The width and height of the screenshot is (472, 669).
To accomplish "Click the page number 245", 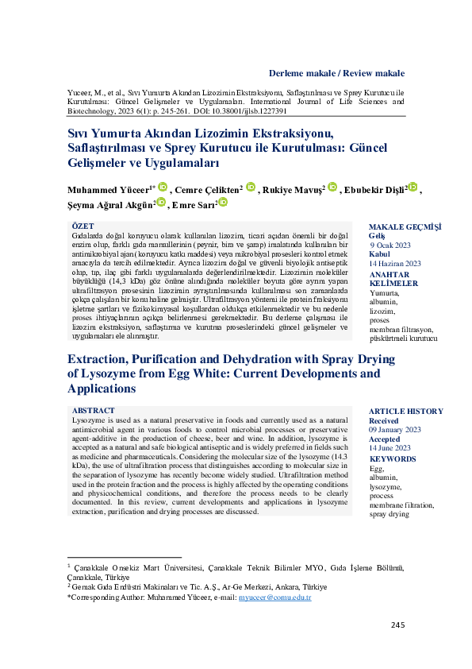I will click(x=397, y=625).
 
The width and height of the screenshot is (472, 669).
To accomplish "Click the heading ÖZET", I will click(x=83, y=226).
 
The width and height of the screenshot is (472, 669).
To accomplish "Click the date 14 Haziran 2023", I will click(x=395, y=263).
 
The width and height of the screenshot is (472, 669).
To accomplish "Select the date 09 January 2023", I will click(x=395, y=429).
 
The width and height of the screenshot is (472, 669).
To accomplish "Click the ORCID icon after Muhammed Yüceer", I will click(x=163, y=188).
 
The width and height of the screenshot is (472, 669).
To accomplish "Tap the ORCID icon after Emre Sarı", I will click(x=223, y=203).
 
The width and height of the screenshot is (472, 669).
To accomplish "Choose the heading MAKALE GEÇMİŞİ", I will click(x=405, y=227).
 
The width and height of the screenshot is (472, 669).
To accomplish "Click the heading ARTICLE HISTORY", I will click(x=405, y=411).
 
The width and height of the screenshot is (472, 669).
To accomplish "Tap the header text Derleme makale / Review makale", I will click(x=336, y=72).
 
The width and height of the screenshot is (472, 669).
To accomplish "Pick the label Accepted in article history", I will click(x=385, y=439).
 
